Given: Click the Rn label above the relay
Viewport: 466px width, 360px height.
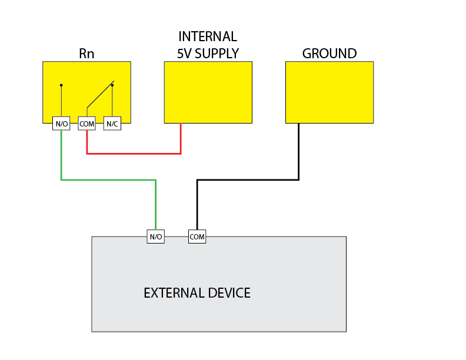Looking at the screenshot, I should pyautogui.click(x=86, y=54).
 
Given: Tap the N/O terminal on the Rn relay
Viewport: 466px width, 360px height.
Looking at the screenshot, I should pyautogui.click(x=61, y=124).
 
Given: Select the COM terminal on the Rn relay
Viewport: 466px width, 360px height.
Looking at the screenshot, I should pyautogui.click(x=86, y=124).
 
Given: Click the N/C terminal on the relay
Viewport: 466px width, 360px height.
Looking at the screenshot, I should pyautogui.click(x=112, y=124).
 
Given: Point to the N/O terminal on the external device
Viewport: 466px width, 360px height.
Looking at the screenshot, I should pyautogui.click(x=155, y=237).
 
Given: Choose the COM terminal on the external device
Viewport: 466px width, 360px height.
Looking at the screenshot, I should pyautogui.click(x=197, y=237).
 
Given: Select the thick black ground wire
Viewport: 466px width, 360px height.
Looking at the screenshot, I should pyautogui.click(x=247, y=179).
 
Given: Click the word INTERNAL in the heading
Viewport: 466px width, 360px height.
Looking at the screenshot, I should pyautogui.click(x=208, y=36).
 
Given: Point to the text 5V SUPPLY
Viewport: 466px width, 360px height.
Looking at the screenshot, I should pyautogui.click(x=208, y=54).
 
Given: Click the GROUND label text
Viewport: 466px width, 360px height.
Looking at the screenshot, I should pyautogui.click(x=329, y=54).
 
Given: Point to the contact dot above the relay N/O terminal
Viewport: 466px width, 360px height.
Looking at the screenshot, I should pyautogui.click(x=61, y=85).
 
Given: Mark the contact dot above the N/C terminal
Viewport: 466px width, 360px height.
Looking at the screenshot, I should pyautogui.click(x=112, y=85).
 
